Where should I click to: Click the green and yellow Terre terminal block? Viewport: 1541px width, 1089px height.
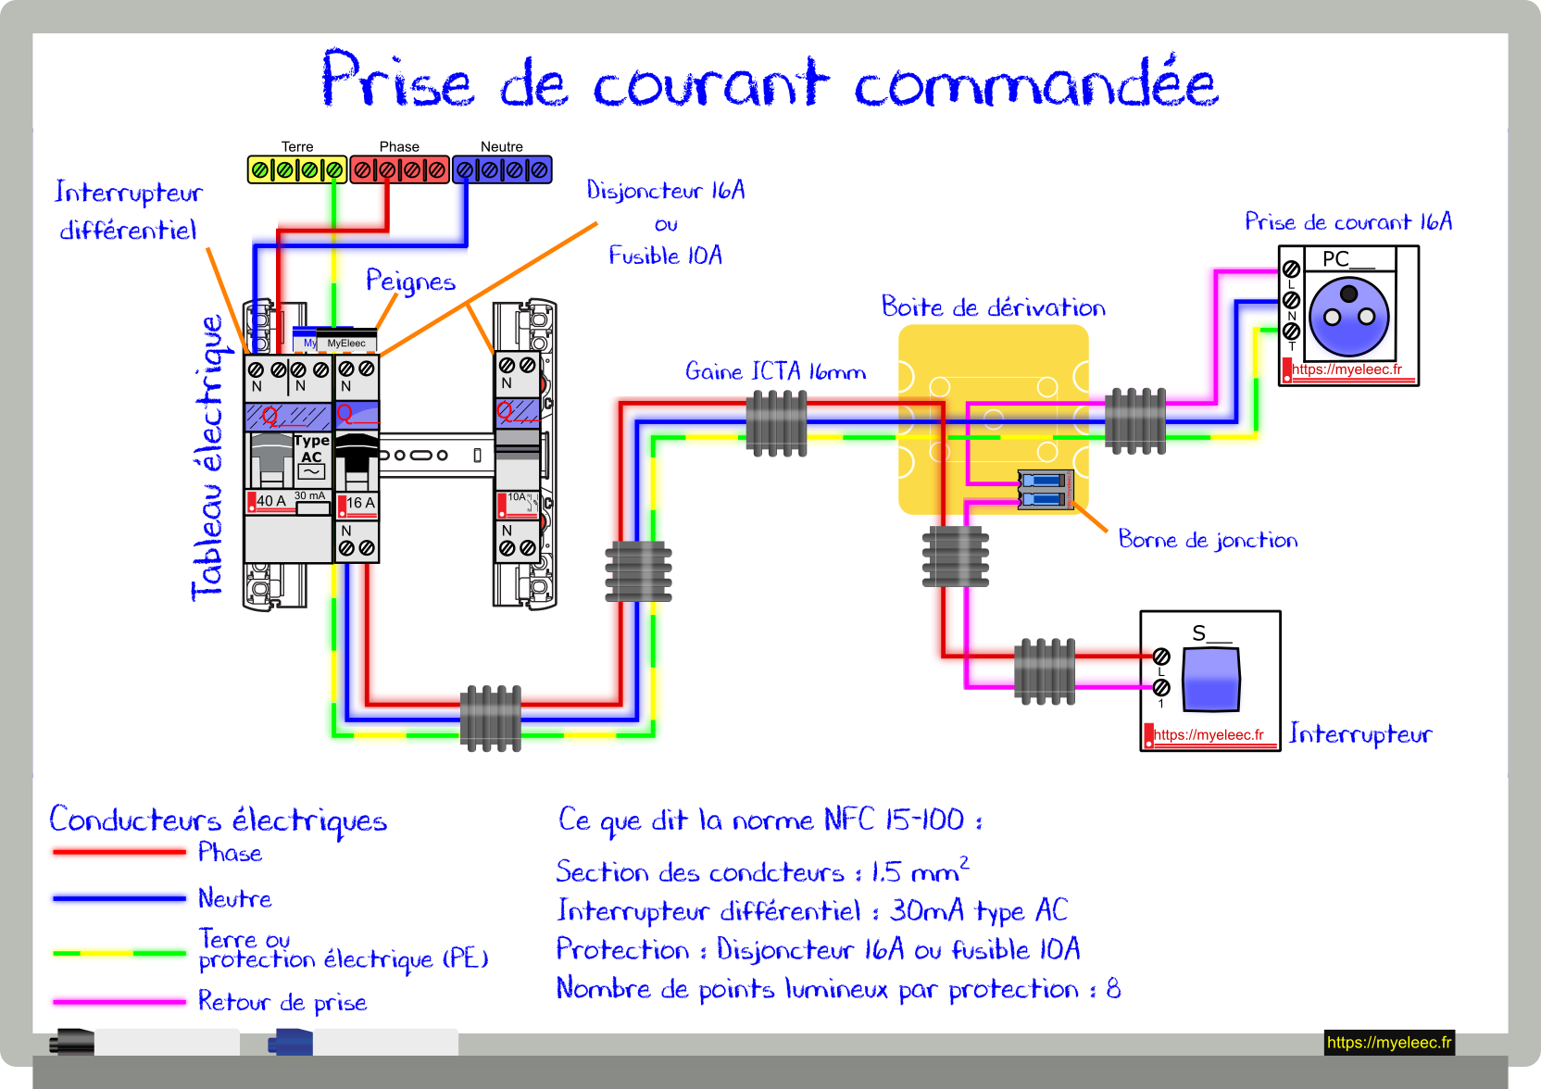tap(297, 169)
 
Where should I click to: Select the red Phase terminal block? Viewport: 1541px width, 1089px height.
tap(400, 169)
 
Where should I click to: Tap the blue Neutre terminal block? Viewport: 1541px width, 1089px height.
tap(502, 169)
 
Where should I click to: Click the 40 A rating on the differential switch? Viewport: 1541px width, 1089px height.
tap(271, 501)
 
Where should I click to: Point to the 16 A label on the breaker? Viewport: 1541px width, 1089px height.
tap(360, 503)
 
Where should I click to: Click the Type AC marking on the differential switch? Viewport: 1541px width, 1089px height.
tap(312, 448)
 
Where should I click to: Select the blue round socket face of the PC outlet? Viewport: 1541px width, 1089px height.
tap(1348, 317)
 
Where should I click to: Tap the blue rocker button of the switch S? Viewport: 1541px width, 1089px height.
tap(1210, 679)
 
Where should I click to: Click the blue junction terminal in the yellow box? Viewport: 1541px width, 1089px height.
tap(1045, 489)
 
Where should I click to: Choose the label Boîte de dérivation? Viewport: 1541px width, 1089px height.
tap(994, 307)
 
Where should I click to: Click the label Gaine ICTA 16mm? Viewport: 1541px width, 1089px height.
tap(775, 371)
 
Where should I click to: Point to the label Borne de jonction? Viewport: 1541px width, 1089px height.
tap(1208, 539)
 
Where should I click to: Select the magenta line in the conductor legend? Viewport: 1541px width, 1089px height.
tap(119, 1002)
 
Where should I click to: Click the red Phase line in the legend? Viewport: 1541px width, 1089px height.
tap(119, 852)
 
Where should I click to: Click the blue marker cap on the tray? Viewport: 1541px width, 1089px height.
tap(290, 1042)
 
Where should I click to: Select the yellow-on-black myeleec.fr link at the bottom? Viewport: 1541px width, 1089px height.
tap(1389, 1042)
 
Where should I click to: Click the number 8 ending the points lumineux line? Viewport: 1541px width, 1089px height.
tap(1113, 989)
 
